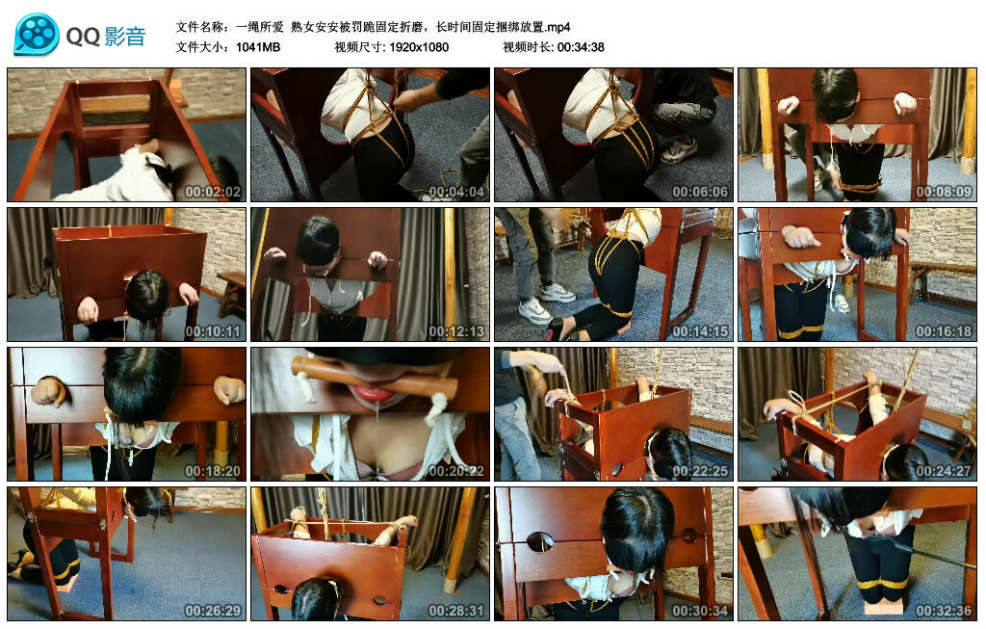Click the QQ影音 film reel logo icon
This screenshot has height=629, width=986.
pos(37,35)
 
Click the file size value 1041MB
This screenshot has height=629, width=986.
pos(257,47)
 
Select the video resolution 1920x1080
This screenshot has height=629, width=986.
pos(419,47)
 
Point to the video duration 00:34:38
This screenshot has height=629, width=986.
pos(579,47)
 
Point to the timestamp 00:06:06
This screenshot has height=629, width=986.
pos(702,192)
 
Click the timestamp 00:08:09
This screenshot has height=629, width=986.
pos(946,192)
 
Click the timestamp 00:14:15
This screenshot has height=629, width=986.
pos(702,331)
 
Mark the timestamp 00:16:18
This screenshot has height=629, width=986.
pos(946,331)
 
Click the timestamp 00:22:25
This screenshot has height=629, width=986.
pos(702,471)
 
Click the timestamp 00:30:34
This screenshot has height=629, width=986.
pos(702,611)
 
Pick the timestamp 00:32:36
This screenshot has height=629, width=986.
pos(946,611)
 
